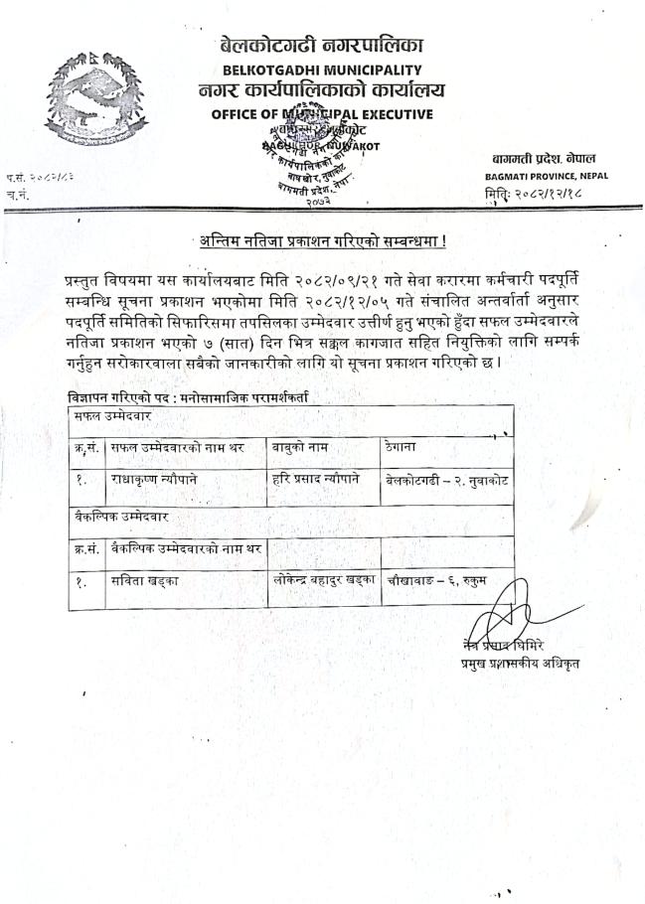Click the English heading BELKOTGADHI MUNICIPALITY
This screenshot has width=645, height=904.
pyautogui.click(x=323, y=70)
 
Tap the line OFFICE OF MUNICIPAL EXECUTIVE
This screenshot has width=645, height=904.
pyautogui.click(x=322, y=113)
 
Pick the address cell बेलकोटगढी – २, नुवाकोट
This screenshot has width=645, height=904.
pyautogui.click(x=446, y=480)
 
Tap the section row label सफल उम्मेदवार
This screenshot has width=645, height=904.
pyautogui.click(x=109, y=417)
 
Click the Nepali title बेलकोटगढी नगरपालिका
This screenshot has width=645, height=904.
pyautogui.click(x=323, y=45)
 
